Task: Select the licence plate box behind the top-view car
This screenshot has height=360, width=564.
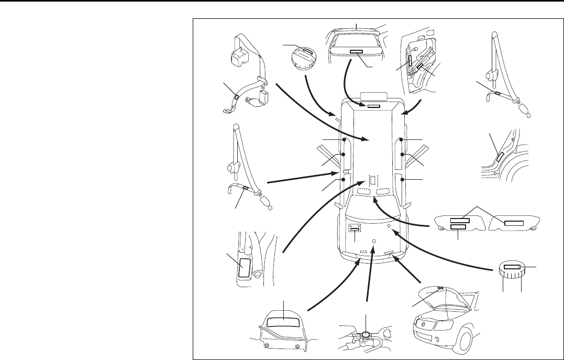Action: point(373,96)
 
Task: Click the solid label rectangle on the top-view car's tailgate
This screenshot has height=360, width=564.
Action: point(373,106)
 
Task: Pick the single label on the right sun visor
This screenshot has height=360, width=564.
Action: point(513,223)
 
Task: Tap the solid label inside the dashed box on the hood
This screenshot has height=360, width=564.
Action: point(355,228)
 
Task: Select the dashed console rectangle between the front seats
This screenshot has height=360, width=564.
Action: point(372,181)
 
